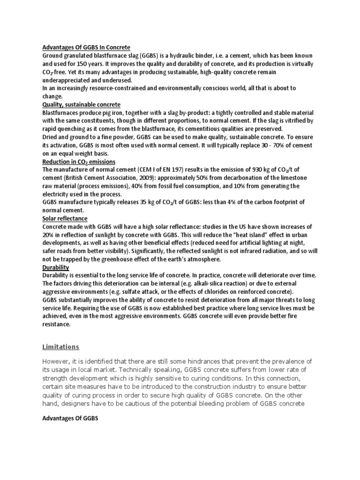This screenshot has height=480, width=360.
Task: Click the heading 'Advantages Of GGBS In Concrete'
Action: click(x=86, y=48)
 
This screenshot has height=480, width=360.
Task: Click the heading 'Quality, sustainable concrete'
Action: click(x=81, y=104)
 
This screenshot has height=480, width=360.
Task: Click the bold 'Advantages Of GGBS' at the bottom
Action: click(x=70, y=419)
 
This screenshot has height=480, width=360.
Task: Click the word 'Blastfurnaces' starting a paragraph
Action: click(x=61, y=112)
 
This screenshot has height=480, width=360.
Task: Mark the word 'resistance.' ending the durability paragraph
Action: click(x=57, y=324)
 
